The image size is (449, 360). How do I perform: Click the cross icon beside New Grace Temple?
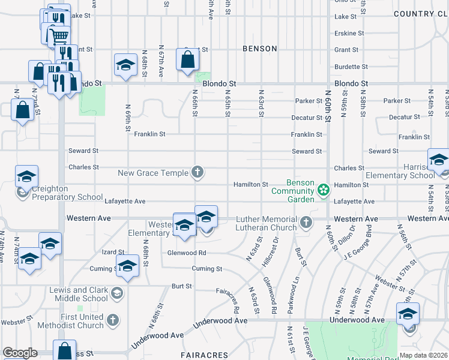click(196, 173)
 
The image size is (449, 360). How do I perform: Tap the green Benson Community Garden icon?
click(324, 190)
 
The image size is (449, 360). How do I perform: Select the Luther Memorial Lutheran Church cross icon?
click(306, 223)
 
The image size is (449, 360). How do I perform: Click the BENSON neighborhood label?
click(259, 49)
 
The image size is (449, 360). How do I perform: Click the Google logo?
click(20, 353)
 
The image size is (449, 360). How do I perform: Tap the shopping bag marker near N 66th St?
click(187, 59)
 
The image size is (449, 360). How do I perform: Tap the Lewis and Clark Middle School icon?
click(116, 293)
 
